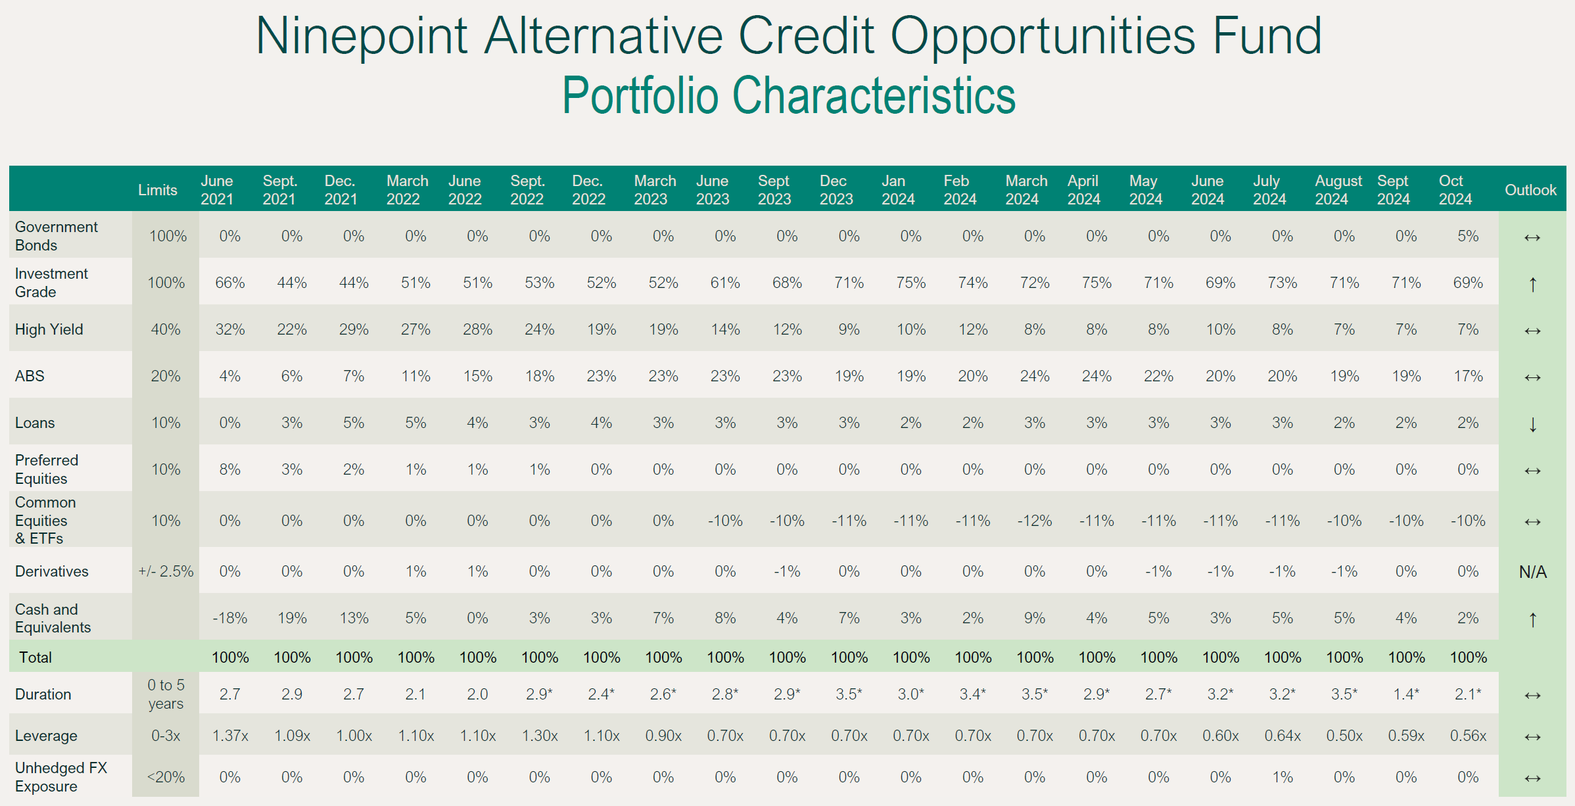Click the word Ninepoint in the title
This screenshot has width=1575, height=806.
click(361, 37)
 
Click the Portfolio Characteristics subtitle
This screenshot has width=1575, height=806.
click(788, 96)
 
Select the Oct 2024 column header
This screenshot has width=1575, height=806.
click(1455, 189)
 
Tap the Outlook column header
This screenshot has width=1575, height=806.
click(1530, 190)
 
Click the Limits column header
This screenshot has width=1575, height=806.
click(158, 190)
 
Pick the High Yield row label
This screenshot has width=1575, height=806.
click(49, 329)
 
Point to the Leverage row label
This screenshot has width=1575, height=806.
click(46, 736)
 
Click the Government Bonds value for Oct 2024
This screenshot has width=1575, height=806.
click(1468, 236)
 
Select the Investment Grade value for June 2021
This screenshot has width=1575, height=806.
click(230, 283)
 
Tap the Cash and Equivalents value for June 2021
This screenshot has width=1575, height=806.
click(230, 618)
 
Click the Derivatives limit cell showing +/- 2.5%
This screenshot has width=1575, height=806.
click(166, 571)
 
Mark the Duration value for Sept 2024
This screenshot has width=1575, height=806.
click(1406, 694)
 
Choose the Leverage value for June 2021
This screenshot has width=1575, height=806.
click(230, 736)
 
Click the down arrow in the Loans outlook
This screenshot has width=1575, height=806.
click(1532, 424)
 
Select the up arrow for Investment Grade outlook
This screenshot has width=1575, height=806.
click(1532, 284)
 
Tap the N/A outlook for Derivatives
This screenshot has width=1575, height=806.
click(1532, 572)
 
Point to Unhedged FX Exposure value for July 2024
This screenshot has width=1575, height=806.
click(1282, 777)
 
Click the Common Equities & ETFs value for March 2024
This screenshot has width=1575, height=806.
click(1035, 521)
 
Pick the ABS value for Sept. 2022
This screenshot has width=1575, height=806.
click(540, 376)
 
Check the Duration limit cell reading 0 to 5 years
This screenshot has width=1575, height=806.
click(166, 694)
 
